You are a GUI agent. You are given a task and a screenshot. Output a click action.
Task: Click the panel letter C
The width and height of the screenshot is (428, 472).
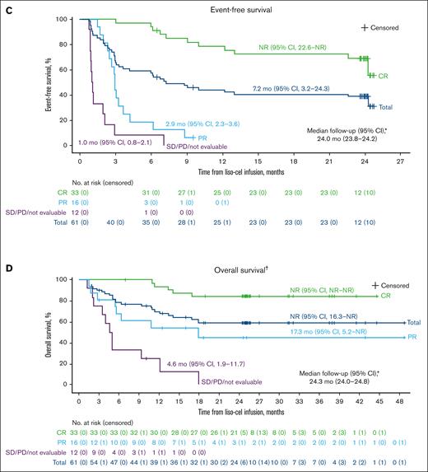pyautogui.click(x=5, y=7)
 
